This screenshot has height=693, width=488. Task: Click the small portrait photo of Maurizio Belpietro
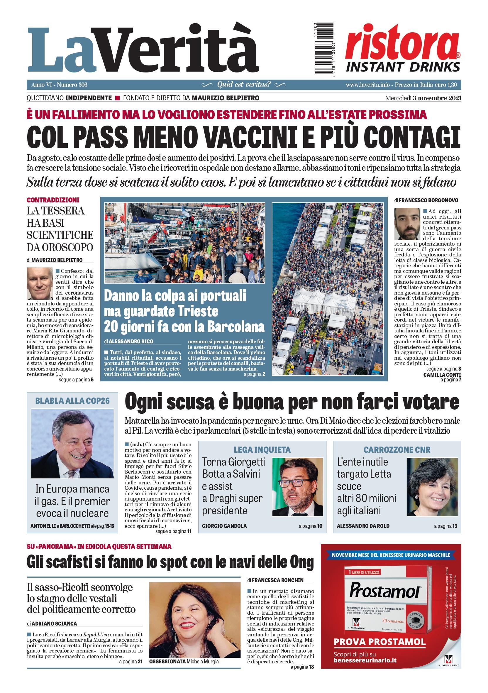coord(40,283)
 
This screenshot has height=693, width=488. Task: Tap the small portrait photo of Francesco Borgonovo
coord(407,224)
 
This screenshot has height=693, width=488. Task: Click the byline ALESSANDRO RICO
coord(131,342)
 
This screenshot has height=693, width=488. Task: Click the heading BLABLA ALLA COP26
coord(72,401)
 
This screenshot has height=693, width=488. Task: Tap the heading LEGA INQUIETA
coord(262,450)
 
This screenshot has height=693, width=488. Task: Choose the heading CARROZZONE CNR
coord(397,450)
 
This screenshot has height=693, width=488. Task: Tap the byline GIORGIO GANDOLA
coord(224,526)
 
